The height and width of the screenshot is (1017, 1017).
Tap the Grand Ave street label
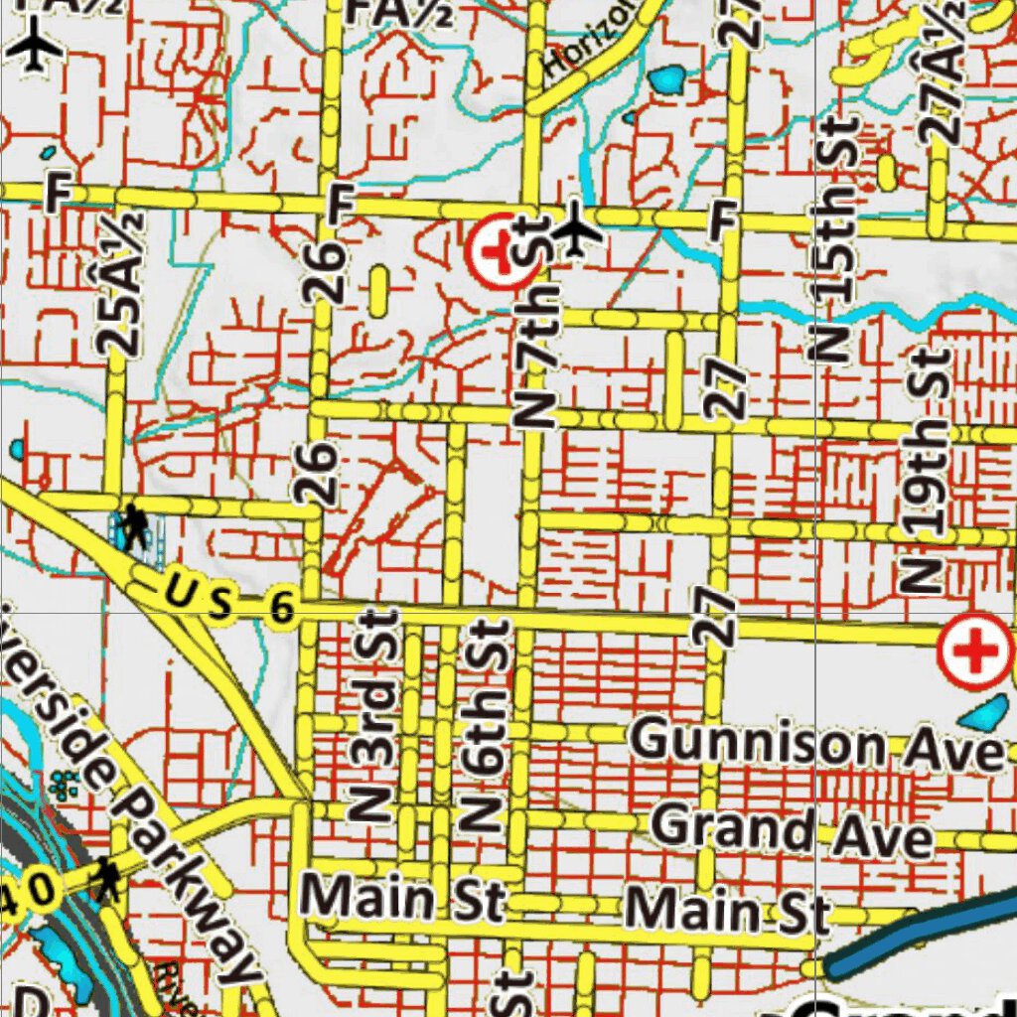[793, 832]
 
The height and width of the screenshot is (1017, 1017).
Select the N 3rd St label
[375, 715]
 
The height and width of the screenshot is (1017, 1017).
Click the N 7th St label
[537, 338]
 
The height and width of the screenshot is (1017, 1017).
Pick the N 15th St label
[836, 238]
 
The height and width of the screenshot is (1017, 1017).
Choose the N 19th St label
[925, 472]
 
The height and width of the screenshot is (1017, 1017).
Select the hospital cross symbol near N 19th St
[977, 653]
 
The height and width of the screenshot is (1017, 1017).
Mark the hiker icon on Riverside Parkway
[106, 879]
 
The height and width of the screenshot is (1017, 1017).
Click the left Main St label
[403, 899]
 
